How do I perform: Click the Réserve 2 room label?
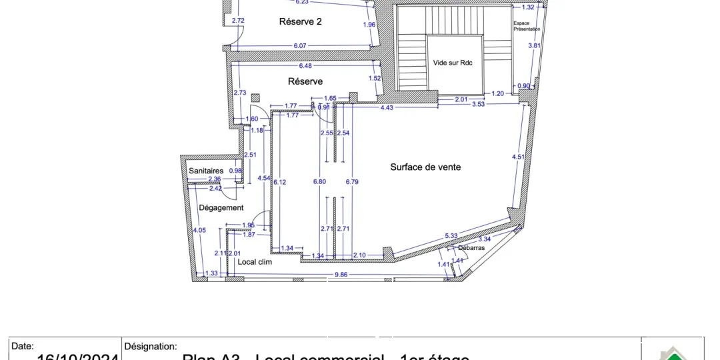point(300,21)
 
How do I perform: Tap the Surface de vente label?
point(425,167)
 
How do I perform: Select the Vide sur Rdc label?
point(453,63)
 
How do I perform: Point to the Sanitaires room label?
point(206,171)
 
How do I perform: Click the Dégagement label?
point(221,207)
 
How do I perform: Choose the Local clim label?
point(255,261)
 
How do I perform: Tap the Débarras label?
point(471,247)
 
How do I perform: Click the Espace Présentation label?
point(527,26)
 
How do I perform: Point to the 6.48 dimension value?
point(305,65)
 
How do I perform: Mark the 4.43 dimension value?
point(387,107)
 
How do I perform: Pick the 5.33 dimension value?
point(451,235)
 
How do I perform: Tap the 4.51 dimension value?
point(518,157)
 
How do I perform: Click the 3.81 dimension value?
point(533,45)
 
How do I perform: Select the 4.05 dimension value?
point(199,231)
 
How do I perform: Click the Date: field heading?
point(23,346)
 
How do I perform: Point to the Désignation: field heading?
point(151,346)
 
